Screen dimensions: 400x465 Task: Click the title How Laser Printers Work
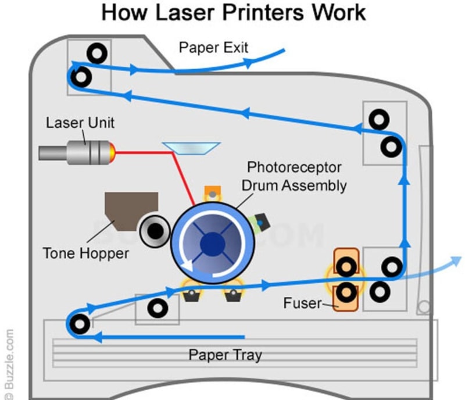point(233,13)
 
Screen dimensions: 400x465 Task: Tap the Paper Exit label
point(213,47)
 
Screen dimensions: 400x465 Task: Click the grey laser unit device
point(72,152)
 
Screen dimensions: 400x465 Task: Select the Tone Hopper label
point(85,253)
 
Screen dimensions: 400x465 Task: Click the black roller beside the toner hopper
point(154,232)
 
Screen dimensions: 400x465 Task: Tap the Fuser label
point(302,303)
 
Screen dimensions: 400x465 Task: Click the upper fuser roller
point(346,267)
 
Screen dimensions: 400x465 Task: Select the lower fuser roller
point(346,292)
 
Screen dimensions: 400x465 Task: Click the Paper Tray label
point(225,355)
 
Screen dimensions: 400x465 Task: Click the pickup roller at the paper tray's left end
point(79,323)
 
